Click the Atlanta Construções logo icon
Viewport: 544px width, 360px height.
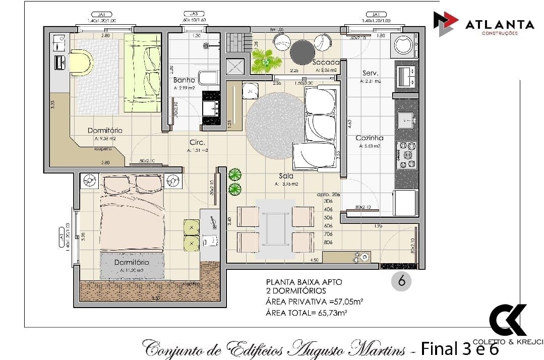coord(446,24)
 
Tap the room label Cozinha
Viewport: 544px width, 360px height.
coord(369,138)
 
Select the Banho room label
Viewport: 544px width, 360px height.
coord(184,80)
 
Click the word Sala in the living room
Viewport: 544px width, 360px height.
coord(286,176)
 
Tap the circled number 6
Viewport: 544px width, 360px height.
coord(401,281)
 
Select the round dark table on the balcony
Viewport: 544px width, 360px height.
coord(303,51)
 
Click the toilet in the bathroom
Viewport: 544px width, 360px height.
coord(208,77)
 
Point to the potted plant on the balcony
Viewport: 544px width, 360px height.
coord(266,60)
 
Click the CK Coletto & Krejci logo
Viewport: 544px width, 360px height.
coord(508,321)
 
